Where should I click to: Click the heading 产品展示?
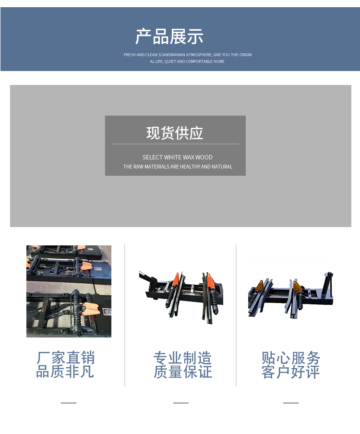coord(169,36)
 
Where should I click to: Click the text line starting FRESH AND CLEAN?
coord(188,55)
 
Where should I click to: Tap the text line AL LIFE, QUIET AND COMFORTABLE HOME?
coord(187,61)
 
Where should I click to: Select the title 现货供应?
coord(175,133)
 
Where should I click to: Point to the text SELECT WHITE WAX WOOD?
coord(178,157)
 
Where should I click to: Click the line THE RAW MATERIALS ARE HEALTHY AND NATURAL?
coord(178,167)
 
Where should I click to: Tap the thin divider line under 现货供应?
coord(175,144)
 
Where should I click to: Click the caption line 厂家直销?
coord(66,358)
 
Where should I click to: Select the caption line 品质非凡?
coord(65,372)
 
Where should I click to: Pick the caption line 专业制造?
coord(182,358)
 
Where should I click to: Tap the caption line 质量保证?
coord(182,372)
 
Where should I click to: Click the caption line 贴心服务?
coord(291,358)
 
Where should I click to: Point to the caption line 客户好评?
coord(290,372)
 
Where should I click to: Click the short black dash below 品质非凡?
coord(69,403)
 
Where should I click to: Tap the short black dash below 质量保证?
coord(181,403)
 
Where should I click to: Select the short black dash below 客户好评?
coord(291,403)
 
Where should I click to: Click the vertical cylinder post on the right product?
coord(328,284)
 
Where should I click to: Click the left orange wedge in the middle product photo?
coord(176,279)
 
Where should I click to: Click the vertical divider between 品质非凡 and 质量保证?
coord(125,315)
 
